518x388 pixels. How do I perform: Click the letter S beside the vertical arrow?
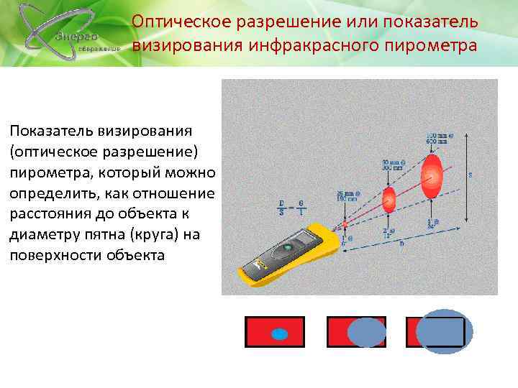tap(471, 175)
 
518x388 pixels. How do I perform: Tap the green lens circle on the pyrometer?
tap(287, 246)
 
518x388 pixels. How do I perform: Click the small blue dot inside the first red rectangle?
tap(279, 333)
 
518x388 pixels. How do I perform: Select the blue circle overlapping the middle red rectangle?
tap(366, 332)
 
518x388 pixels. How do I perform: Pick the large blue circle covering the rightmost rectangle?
tap(444, 331)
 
